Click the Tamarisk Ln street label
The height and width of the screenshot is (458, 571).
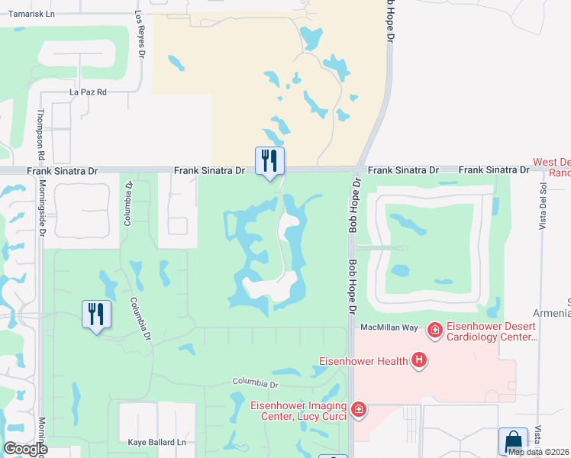tap(29, 14)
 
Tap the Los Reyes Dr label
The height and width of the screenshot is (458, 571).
tap(140, 34)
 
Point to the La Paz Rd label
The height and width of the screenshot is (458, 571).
tap(87, 92)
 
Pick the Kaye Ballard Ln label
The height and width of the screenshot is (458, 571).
tap(157, 442)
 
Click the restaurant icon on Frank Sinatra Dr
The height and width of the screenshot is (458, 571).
tap(269, 160)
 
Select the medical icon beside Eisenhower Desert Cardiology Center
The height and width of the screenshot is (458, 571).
tap(434, 330)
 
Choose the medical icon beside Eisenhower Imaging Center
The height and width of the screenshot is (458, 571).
tap(359, 411)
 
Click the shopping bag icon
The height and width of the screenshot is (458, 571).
tap(513, 441)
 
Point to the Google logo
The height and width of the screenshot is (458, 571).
tap(25, 448)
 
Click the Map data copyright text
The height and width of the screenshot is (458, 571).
tap(537, 452)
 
